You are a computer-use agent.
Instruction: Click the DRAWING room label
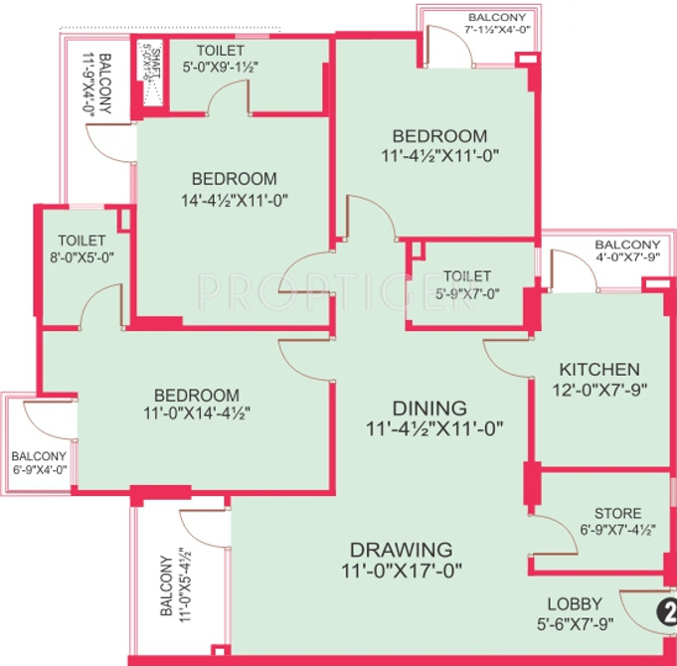pyautogui.click(x=401, y=549)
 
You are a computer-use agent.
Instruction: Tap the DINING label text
pyautogui.click(x=429, y=408)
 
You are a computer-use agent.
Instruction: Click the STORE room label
pyautogui.click(x=617, y=513)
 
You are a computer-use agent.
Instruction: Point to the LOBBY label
pyautogui.click(x=575, y=604)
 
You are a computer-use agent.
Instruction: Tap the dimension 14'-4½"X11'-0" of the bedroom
pyautogui.click(x=234, y=199)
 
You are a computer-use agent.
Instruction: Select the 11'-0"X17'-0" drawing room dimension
pyautogui.click(x=401, y=571)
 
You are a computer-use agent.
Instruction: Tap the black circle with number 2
pyautogui.click(x=669, y=612)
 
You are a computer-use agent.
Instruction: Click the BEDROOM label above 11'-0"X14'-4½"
pyautogui.click(x=196, y=395)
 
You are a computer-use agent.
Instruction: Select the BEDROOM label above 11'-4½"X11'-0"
pyautogui.click(x=438, y=136)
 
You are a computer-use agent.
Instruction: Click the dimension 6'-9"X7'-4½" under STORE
pyautogui.click(x=617, y=530)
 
